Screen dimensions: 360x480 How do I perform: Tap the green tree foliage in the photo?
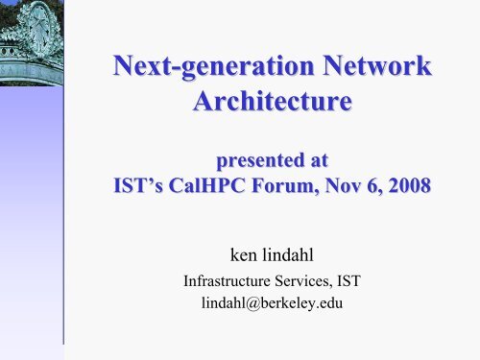tap(8, 12)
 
